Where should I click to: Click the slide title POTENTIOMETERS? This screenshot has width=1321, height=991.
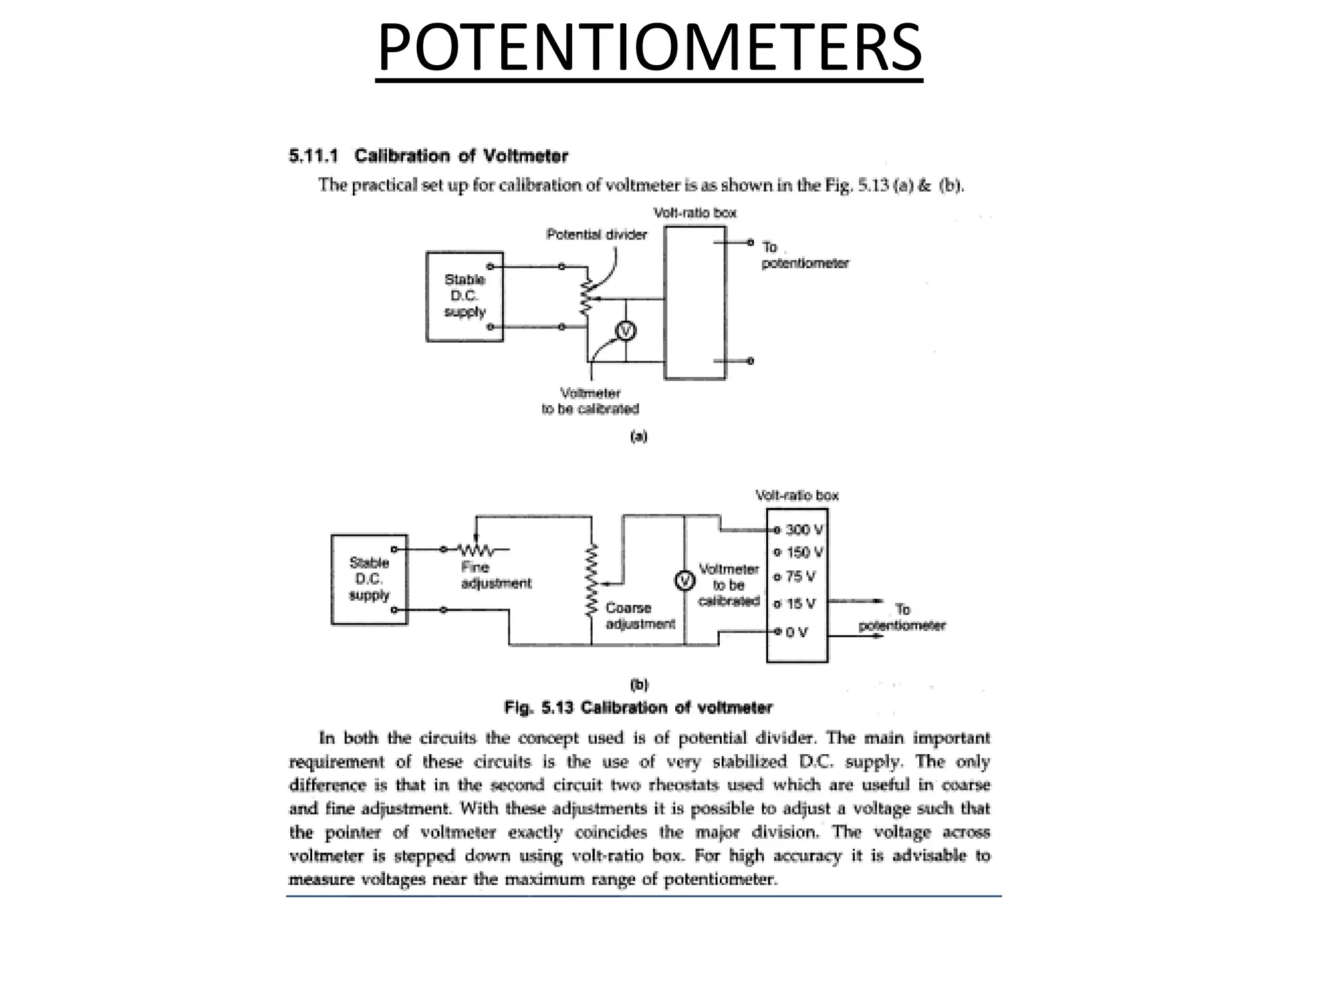pos(649,48)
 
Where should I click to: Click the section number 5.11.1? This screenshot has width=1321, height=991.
pos(313,156)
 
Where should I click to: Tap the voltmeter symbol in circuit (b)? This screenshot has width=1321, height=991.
pos(684,581)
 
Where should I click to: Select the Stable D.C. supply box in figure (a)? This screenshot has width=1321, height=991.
pos(464,296)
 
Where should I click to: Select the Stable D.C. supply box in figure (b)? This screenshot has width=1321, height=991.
pos(369,579)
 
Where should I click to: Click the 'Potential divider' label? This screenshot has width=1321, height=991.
pos(596,234)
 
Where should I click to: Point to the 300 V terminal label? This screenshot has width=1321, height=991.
pos(804,530)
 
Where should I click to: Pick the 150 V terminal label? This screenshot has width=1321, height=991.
pos(804,553)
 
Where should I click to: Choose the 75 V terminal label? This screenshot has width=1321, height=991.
pos(800,576)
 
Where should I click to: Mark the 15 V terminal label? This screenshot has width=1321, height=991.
pos(800,604)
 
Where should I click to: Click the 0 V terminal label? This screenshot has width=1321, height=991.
pos(797,632)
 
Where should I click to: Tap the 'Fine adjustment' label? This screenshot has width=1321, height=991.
pos(495,576)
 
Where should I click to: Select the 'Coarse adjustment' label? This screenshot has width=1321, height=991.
pos(640,616)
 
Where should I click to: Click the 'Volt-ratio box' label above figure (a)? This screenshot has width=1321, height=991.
pos(695,213)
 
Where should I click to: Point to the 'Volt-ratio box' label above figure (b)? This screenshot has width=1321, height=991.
pos(797,495)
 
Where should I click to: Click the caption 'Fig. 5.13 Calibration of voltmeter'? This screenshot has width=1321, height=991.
pos(638,708)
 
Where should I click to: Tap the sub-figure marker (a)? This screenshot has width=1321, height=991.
pos(638,437)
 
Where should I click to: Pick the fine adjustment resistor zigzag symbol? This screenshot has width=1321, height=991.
pos(477,550)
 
